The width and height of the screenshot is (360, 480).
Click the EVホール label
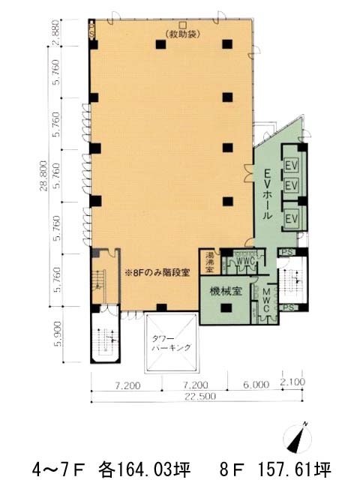pyautogui.click(x=264, y=193)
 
